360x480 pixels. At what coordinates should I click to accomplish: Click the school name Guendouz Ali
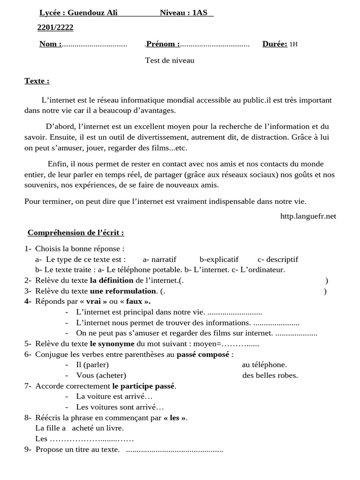(x=93, y=13)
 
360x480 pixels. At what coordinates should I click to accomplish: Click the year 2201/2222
(x=55, y=28)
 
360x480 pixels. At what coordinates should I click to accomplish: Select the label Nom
(x=50, y=44)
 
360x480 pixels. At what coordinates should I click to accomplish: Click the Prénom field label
(x=163, y=44)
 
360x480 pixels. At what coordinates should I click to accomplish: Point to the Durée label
(x=275, y=44)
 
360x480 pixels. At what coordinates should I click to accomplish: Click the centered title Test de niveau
(x=170, y=60)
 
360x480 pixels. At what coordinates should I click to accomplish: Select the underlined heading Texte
(x=37, y=81)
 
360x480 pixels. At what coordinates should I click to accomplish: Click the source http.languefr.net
(x=308, y=216)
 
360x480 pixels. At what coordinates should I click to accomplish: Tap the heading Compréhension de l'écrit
(x=75, y=232)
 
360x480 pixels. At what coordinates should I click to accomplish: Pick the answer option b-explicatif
(x=219, y=259)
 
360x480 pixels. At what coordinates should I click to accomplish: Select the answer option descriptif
(x=278, y=259)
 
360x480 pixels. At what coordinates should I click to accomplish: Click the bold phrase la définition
(x=112, y=280)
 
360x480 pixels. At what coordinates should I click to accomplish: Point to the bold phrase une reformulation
(x=123, y=291)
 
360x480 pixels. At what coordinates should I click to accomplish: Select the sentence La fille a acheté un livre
(x=79, y=428)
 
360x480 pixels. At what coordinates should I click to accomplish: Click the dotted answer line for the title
(x=174, y=450)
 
